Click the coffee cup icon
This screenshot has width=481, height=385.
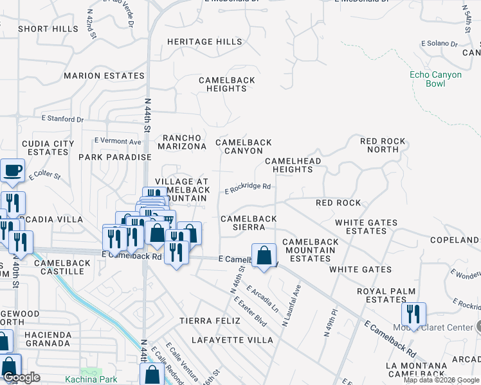click(x=12, y=171)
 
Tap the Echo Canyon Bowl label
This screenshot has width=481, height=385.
click(x=435, y=80)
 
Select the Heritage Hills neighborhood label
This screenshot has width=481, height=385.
click(x=204, y=42)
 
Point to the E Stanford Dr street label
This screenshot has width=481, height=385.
click(x=62, y=119)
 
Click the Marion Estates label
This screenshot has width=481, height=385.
click(x=104, y=76)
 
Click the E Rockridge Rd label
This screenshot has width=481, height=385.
click(x=247, y=188)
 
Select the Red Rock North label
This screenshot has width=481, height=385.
click(x=383, y=145)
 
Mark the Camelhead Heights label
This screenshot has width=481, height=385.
click(x=289, y=165)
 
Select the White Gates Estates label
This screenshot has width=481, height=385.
click(x=366, y=227)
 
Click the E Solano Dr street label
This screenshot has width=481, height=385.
click(x=439, y=44)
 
